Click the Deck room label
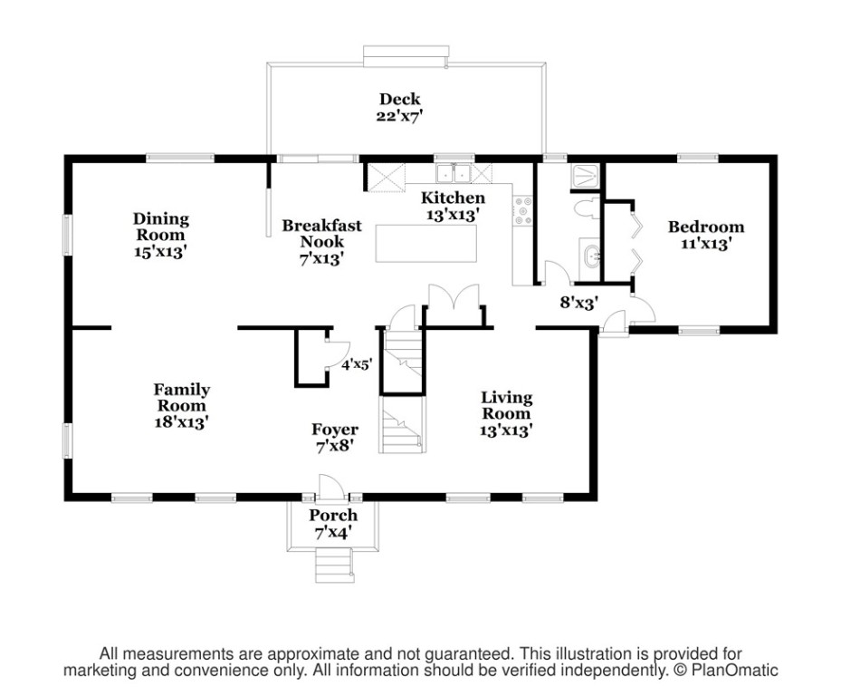tap(399, 99)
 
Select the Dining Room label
tap(161, 227)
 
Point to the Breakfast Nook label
tap(321, 233)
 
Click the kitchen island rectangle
tap(425, 243)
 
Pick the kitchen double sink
tap(454, 173)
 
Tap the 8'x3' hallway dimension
tap(579, 303)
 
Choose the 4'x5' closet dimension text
tap(358, 364)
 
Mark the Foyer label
tap(335, 429)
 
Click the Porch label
tap(333, 515)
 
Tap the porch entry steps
tap(335, 565)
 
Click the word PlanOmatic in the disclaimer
tap(734, 671)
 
